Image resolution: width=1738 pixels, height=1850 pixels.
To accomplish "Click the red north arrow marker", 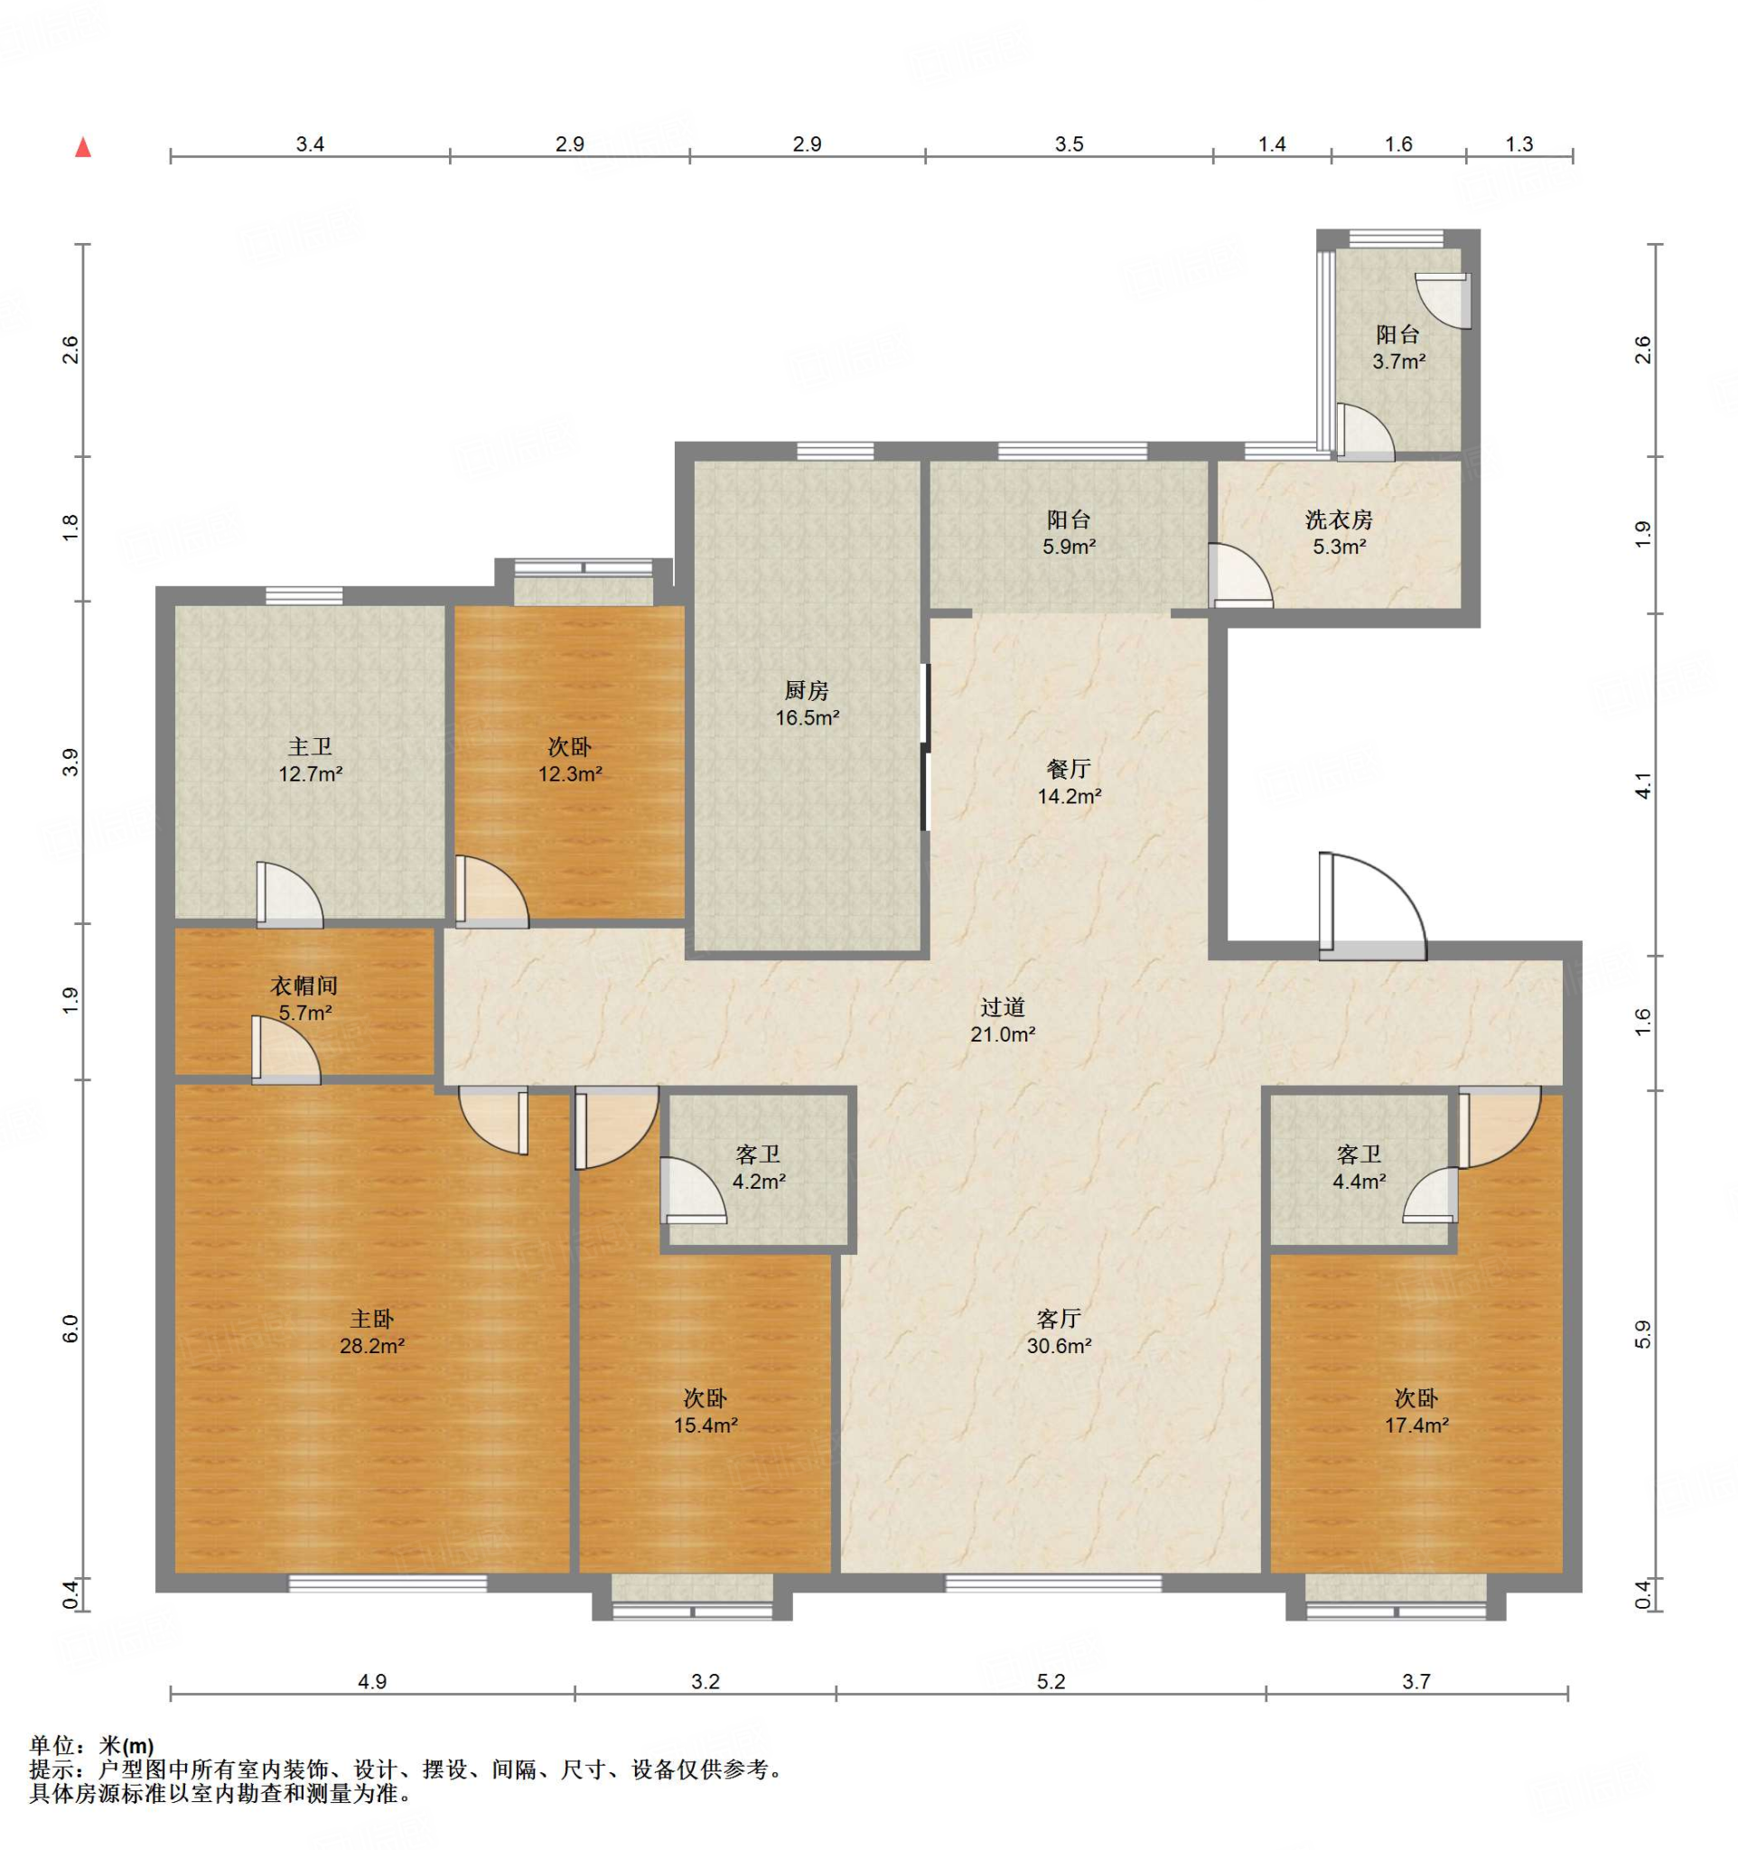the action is (x=83, y=147).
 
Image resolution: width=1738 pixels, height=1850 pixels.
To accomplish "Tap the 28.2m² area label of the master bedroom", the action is (x=371, y=1346).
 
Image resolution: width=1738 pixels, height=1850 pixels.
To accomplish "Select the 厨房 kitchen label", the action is (x=806, y=689).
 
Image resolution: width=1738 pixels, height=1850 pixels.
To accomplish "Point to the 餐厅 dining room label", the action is (x=1068, y=769).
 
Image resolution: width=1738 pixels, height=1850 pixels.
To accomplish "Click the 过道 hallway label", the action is (x=1002, y=1006).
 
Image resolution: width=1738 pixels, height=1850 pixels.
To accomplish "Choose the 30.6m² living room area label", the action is (x=1059, y=1346).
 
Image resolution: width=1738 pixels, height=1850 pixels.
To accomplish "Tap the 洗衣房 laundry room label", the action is (x=1338, y=519).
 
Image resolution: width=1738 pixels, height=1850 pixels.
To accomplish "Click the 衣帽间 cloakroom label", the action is (x=304, y=986).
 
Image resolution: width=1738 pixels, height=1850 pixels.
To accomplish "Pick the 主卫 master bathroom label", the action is (x=310, y=746).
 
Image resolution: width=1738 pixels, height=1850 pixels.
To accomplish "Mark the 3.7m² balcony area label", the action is (x=1398, y=361).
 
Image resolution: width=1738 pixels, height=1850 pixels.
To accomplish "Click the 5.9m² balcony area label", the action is (x=1068, y=547).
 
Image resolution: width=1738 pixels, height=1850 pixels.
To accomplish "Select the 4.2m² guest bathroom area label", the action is (x=758, y=1182).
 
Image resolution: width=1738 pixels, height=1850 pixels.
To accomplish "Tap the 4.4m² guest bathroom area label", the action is (x=1359, y=1182).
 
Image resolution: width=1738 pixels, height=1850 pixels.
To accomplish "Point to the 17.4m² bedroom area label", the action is (x=1416, y=1425).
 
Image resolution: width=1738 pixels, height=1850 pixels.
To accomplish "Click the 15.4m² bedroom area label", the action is (x=705, y=1425).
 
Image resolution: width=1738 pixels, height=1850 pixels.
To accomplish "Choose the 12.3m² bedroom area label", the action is (x=569, y=773).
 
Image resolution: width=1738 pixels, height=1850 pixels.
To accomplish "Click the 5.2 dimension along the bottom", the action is (x=1051, y=1682).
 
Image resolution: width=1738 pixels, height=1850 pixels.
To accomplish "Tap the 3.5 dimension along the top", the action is (x=1069, y=145).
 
